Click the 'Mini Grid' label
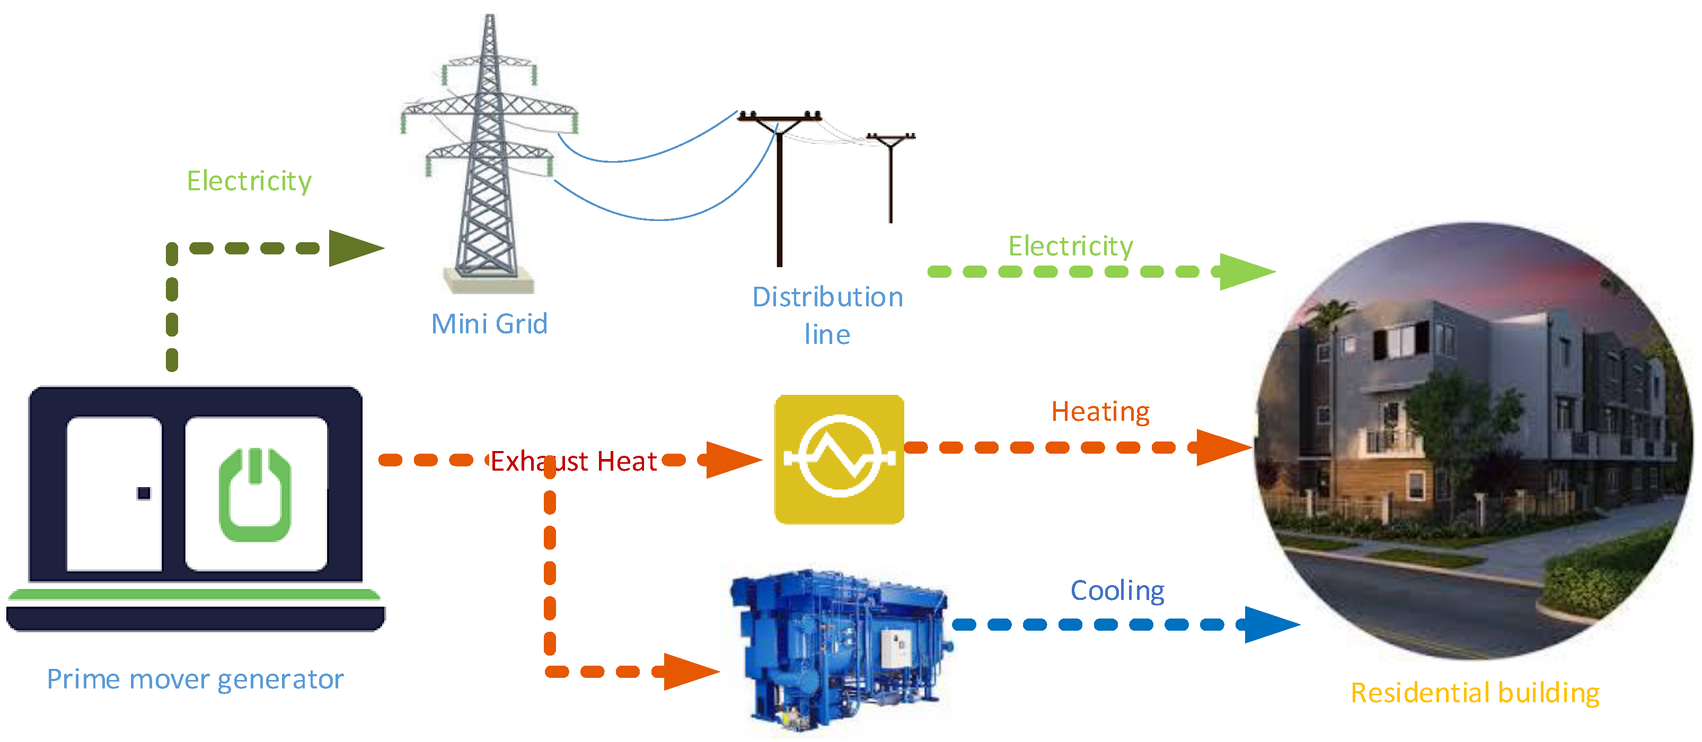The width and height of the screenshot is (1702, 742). (489, 324)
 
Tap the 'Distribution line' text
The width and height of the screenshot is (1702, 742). (827, 315)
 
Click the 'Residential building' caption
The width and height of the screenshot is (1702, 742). (1475, 693)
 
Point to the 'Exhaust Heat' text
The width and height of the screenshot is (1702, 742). (574, 461)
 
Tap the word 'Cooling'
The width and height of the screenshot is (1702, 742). (1117, 590)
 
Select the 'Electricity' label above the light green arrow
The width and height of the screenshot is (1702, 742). (1070, 246)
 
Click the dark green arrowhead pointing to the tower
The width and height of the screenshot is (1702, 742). (354, 249)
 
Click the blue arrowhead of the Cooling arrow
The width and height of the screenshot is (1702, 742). (1268, 624)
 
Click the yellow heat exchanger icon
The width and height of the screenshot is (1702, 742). (839, 459)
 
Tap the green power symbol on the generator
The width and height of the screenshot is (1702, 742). (255, 496)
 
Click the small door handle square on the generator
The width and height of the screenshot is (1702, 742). (143, 493)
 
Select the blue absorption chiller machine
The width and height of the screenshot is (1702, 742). (839, 651)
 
